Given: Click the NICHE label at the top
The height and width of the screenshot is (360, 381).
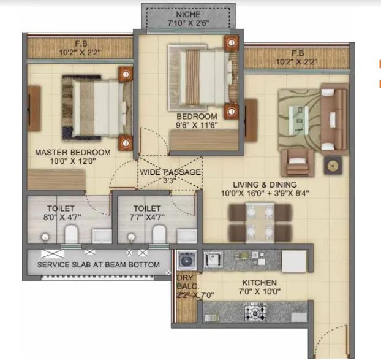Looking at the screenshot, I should pos(189,13).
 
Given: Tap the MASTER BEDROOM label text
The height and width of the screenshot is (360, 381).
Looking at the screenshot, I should pos(73,152).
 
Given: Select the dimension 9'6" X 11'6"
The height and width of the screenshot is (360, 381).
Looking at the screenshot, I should pos(197,125).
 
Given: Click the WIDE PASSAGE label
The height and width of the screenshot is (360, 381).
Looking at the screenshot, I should pos(170,172).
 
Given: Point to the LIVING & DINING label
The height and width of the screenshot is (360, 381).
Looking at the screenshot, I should pos(265,184).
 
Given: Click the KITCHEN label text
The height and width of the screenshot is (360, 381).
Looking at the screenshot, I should pos(260,283).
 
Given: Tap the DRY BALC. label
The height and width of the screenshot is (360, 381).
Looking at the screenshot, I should pos(185,281).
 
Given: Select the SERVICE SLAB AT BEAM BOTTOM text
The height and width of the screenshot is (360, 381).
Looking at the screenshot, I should pos(99,265).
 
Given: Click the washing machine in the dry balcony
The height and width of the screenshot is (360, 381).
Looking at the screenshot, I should pos(186,261).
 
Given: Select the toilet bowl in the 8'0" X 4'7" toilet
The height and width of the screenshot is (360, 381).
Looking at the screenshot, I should pos(72,234).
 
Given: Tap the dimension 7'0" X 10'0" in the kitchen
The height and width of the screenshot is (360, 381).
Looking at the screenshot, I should pos(260,292).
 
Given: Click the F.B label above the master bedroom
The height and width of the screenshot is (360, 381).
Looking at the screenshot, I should pos(80,44).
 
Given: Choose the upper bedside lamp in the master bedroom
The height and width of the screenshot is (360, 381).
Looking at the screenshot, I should pos(125,74).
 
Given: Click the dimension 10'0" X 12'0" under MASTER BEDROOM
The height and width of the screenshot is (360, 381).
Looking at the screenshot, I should pos(73,162).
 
